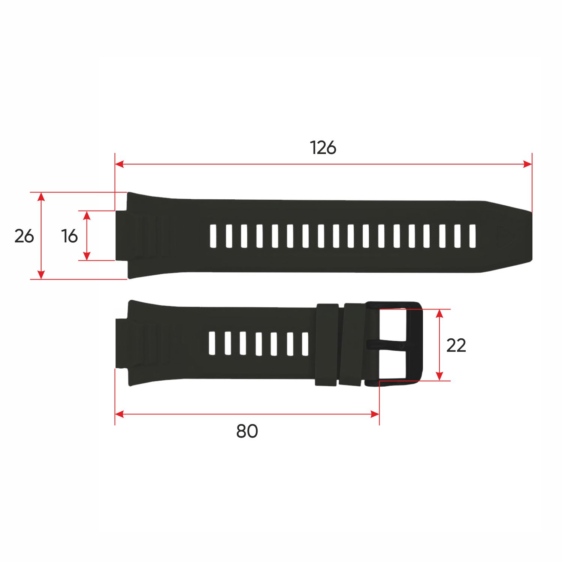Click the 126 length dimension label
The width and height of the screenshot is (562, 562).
(323, 148)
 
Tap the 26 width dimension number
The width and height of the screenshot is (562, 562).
(24, 236)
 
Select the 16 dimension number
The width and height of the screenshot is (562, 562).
(69, 236)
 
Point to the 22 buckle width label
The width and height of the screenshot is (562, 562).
(456, 345)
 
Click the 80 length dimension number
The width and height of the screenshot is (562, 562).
(247, 431)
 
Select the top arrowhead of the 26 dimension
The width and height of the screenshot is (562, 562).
(42, 196)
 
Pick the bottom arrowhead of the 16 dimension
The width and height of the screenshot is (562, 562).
(87, 256)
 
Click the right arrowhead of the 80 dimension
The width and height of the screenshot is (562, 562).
(375, 414)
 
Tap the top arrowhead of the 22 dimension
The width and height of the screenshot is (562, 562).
(440, 314)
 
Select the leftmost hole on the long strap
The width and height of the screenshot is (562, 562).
(214, 236)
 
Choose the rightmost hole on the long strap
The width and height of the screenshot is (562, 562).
(472, 236)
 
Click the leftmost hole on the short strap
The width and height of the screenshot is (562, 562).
(212, 343)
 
